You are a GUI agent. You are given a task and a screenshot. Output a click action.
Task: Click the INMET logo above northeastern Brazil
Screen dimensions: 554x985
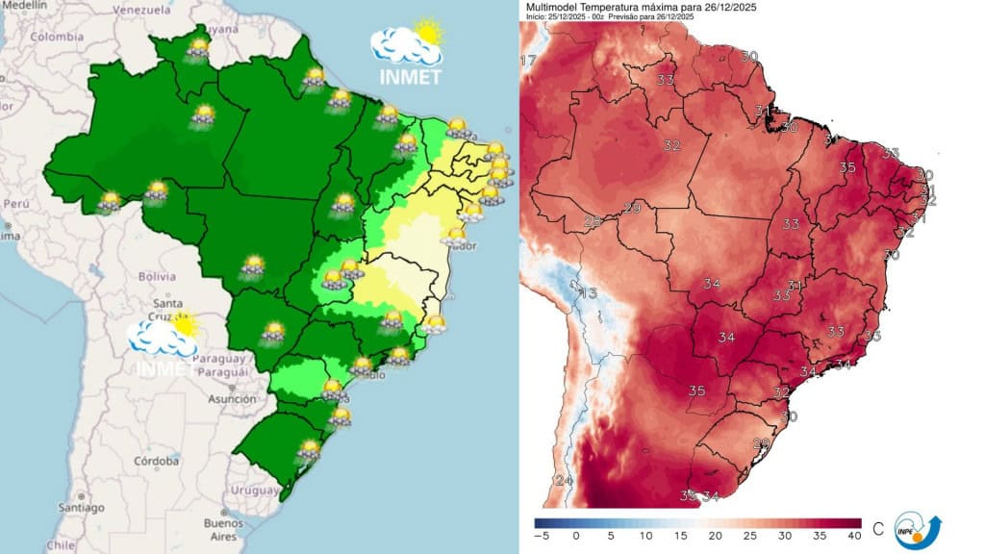tap(406, 53)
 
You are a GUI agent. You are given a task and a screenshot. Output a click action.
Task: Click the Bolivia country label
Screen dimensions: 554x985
tap(156, 276)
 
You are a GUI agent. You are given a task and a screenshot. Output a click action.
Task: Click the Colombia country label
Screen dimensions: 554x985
tap(56, 37)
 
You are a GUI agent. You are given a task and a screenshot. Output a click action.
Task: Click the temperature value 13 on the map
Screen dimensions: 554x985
tap(588, 293)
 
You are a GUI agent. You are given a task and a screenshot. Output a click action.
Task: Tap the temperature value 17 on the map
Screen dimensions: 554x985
tap(528, 62)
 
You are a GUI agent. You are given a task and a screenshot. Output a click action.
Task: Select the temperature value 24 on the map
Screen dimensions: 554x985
tap(564, 480)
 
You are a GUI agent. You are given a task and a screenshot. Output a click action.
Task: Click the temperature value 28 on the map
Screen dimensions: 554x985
tap(594, 221)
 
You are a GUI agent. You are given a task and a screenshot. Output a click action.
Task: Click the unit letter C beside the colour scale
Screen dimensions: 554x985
tap(877, 528)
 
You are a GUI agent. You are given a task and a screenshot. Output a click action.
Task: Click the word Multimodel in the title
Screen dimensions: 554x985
tap(556, 8)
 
